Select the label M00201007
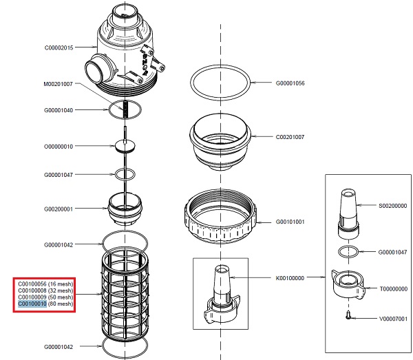[x=63, y=84]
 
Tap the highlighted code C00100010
[x=32, y=304]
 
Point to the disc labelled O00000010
[x=125, y=146]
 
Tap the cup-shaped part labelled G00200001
[x=125, y=207]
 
